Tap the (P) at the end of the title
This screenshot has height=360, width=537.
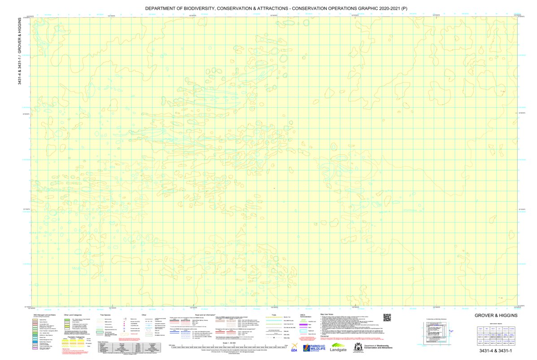click(404, 9)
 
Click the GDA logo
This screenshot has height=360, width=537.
click(294, 348)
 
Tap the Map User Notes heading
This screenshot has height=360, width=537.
click(329, 315)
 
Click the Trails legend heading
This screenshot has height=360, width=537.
click(270, 315)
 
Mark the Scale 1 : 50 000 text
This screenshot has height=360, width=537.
click(229, 342)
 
